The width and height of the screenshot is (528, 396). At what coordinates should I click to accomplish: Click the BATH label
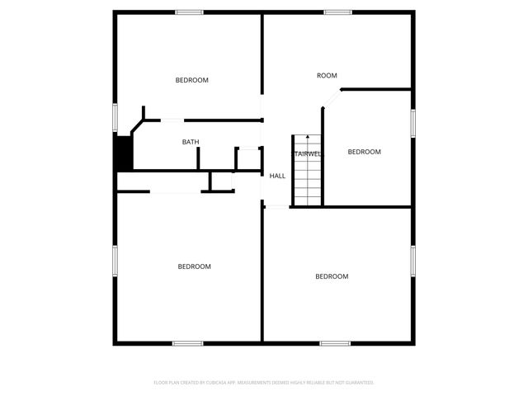click(x=191, y=143)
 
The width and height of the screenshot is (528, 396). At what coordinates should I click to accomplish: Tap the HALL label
click(x=277, y=176)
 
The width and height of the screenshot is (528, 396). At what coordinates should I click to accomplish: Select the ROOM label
click(x=328, y=76)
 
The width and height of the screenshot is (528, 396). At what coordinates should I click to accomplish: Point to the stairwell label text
click(x=307, y=154)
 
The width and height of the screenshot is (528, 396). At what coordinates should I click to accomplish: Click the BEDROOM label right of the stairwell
click(x=364, y=152)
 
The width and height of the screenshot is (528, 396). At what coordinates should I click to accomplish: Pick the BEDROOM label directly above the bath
click(x=192, y=80)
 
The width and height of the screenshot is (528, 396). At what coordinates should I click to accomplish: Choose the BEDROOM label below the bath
click(x=195, y=266)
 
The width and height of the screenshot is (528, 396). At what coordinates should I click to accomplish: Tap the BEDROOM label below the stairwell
click(x=332, y=276)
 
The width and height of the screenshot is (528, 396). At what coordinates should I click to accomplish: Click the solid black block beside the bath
click(x=124, y=153)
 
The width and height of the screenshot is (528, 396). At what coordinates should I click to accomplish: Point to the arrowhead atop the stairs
click(x=307, y=137)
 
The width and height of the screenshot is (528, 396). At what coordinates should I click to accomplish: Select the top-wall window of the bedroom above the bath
click(x=189, y=12)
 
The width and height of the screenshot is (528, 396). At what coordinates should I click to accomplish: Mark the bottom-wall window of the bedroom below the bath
click(x=187, y=342)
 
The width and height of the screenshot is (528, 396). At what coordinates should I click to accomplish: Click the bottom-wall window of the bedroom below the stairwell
click(x=335, y=342)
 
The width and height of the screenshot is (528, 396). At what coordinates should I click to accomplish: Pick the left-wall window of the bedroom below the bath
click(x=115, y=262)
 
